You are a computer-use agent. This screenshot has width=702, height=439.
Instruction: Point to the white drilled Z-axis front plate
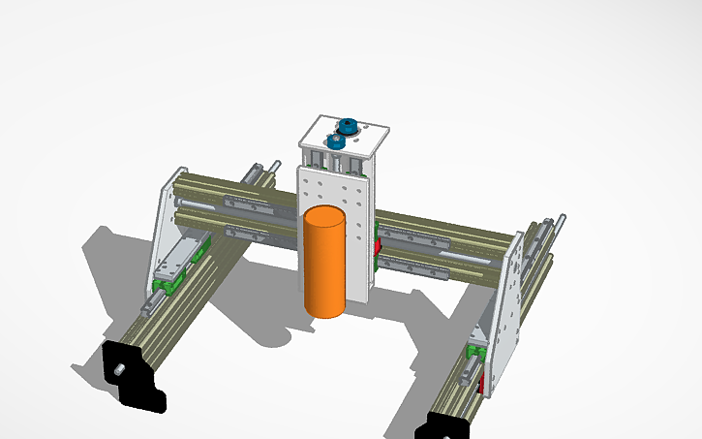pos(354,194)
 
